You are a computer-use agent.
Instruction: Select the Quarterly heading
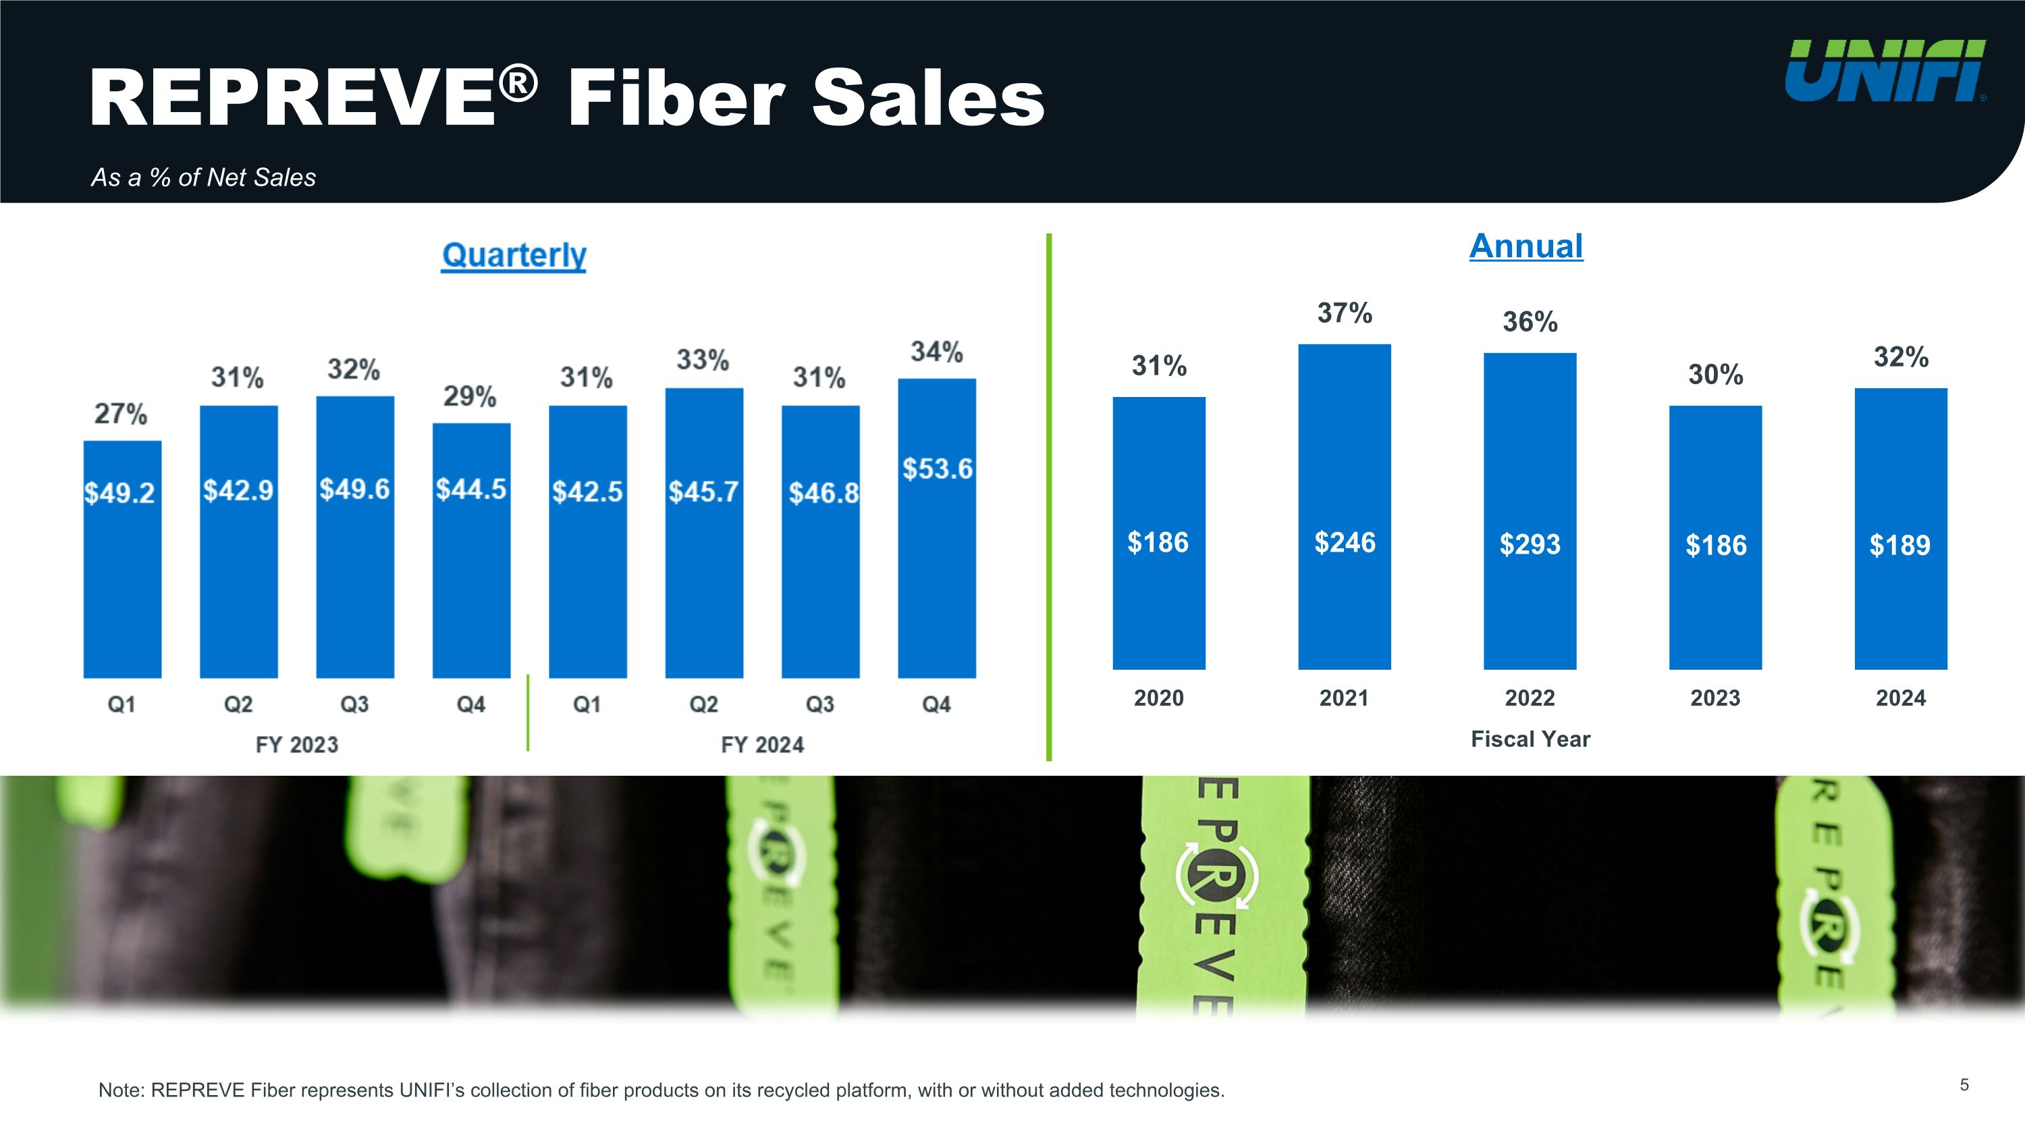(x=514, y=255)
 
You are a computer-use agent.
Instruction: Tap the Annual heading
(x=1525, y=246)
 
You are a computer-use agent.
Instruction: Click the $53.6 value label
(x=937, y=469)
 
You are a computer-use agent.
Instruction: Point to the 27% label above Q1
(x=121, y=413)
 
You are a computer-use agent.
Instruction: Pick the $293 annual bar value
(x=1530, y=544)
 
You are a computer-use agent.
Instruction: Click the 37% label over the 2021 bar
(x=1344, y=313)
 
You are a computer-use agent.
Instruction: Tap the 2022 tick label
(x=1530, y=698)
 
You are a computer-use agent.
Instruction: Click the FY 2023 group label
(x=297, y=745)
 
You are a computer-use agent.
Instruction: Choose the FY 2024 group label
(x=763, y=745)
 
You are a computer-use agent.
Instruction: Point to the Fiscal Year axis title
(x=1530, y=739)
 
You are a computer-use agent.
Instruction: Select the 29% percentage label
(x=470, y=396)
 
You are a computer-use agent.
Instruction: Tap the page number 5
(x=1964, y=1086)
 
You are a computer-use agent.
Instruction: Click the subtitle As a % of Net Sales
(x=204, y=178)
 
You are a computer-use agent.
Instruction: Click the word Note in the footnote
(x=120, y=1090)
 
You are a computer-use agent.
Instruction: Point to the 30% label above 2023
(x=1715, y=374)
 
